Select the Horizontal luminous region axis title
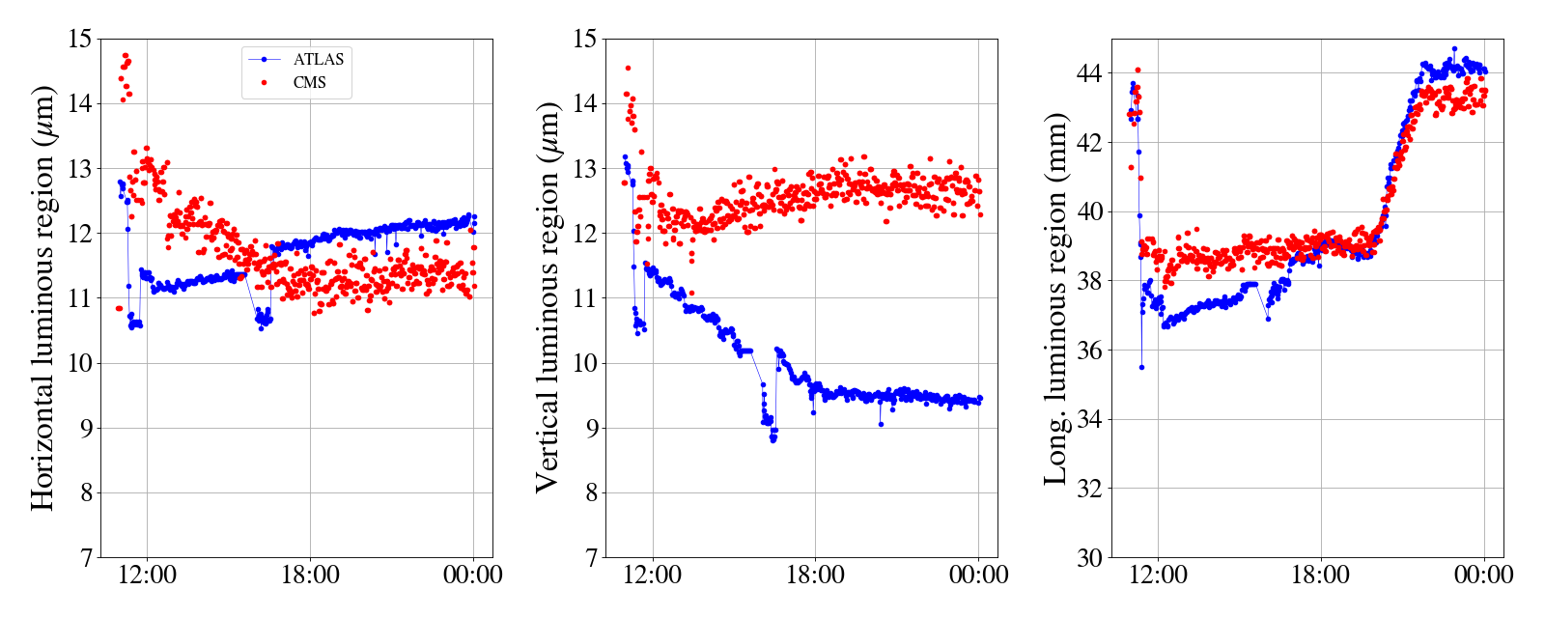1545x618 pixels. [x=42, y=297]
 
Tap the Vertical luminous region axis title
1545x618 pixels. [x=548, y=297]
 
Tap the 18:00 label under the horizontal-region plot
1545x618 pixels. [x=310, y=576]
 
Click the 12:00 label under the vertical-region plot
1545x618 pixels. [x=653, y=576]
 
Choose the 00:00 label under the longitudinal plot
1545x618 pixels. [x=1484, y=576]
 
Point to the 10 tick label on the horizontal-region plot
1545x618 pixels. [x=79, y=363]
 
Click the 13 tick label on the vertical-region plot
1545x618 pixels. [x=585, y=169]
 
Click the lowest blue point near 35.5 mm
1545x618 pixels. [x=1141, y=367]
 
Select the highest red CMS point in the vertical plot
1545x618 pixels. [x=628, y=68]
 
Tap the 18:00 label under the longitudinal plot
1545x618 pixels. [x=1321, y=576]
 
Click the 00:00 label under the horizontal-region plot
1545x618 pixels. [x=473, y=576]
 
